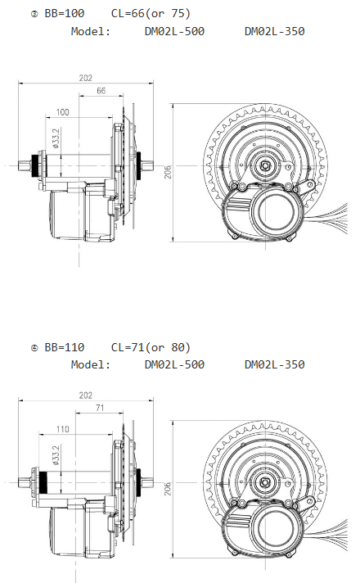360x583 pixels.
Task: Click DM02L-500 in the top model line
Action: (174, 31)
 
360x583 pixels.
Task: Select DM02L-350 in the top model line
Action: (274, 31)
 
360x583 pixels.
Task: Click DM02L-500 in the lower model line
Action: (174, 364)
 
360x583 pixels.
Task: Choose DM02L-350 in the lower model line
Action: (274, 364)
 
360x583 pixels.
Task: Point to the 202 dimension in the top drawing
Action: (85, 78)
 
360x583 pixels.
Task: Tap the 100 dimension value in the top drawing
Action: (63, 111)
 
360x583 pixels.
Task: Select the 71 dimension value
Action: (98, 407)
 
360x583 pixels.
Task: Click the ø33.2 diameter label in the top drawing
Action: (56, 137)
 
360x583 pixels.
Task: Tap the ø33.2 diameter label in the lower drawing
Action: (56, 454)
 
